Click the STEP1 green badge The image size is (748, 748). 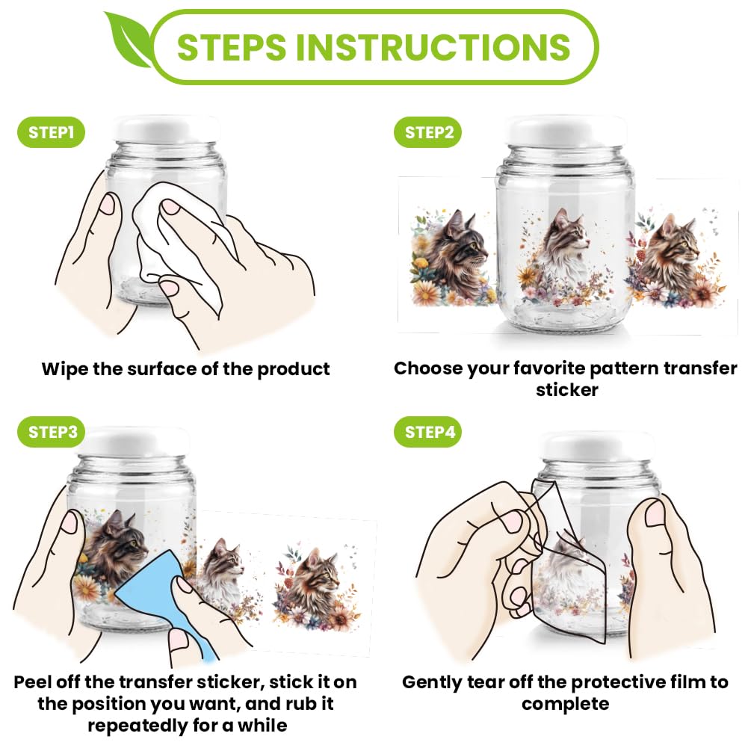(51, 132)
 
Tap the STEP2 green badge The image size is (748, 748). (428, 132)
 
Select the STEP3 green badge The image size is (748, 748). (52, 432)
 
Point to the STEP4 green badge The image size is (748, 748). (428, 432)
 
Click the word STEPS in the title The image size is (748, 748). (232, 47)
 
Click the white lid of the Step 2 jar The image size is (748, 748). (566, 130)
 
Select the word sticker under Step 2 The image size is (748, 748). (566, 390)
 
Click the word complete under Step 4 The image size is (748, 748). (565, 705)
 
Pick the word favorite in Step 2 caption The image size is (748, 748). (548, 368)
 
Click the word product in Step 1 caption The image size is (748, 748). (294, 370)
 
